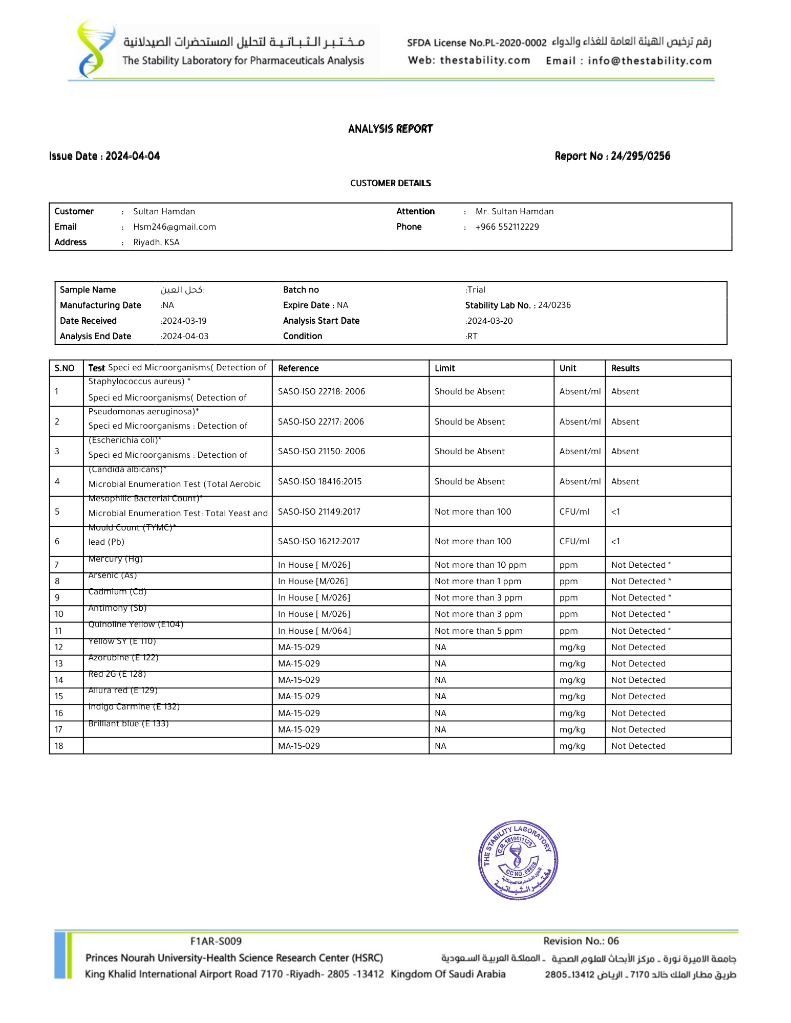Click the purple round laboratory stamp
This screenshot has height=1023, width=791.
[518, 860]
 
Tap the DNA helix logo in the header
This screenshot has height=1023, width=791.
[94, 50]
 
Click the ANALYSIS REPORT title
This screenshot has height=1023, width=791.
[390, 129]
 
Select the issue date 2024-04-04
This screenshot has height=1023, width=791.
[133, 156]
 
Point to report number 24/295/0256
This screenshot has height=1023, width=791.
[640, 156]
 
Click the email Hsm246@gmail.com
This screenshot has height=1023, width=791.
[175, 227]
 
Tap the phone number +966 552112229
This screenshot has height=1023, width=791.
[507, 227]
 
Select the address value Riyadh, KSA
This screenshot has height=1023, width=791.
[156, 242]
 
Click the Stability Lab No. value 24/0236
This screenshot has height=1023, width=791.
[554, 305]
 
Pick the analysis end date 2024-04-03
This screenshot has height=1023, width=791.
[185, 337]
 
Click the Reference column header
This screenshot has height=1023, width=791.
[298, 368]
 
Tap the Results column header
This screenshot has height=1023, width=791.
[625, 368]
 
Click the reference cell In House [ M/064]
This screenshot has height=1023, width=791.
[314, 631]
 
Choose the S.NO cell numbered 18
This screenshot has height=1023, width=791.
[59, 746]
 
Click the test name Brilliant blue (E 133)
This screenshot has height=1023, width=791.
[129, 724]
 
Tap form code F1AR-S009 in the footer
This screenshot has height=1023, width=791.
[216, 941]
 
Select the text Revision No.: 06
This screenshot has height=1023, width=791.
[581, 941]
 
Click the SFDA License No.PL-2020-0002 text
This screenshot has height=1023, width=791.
[477, 43]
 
